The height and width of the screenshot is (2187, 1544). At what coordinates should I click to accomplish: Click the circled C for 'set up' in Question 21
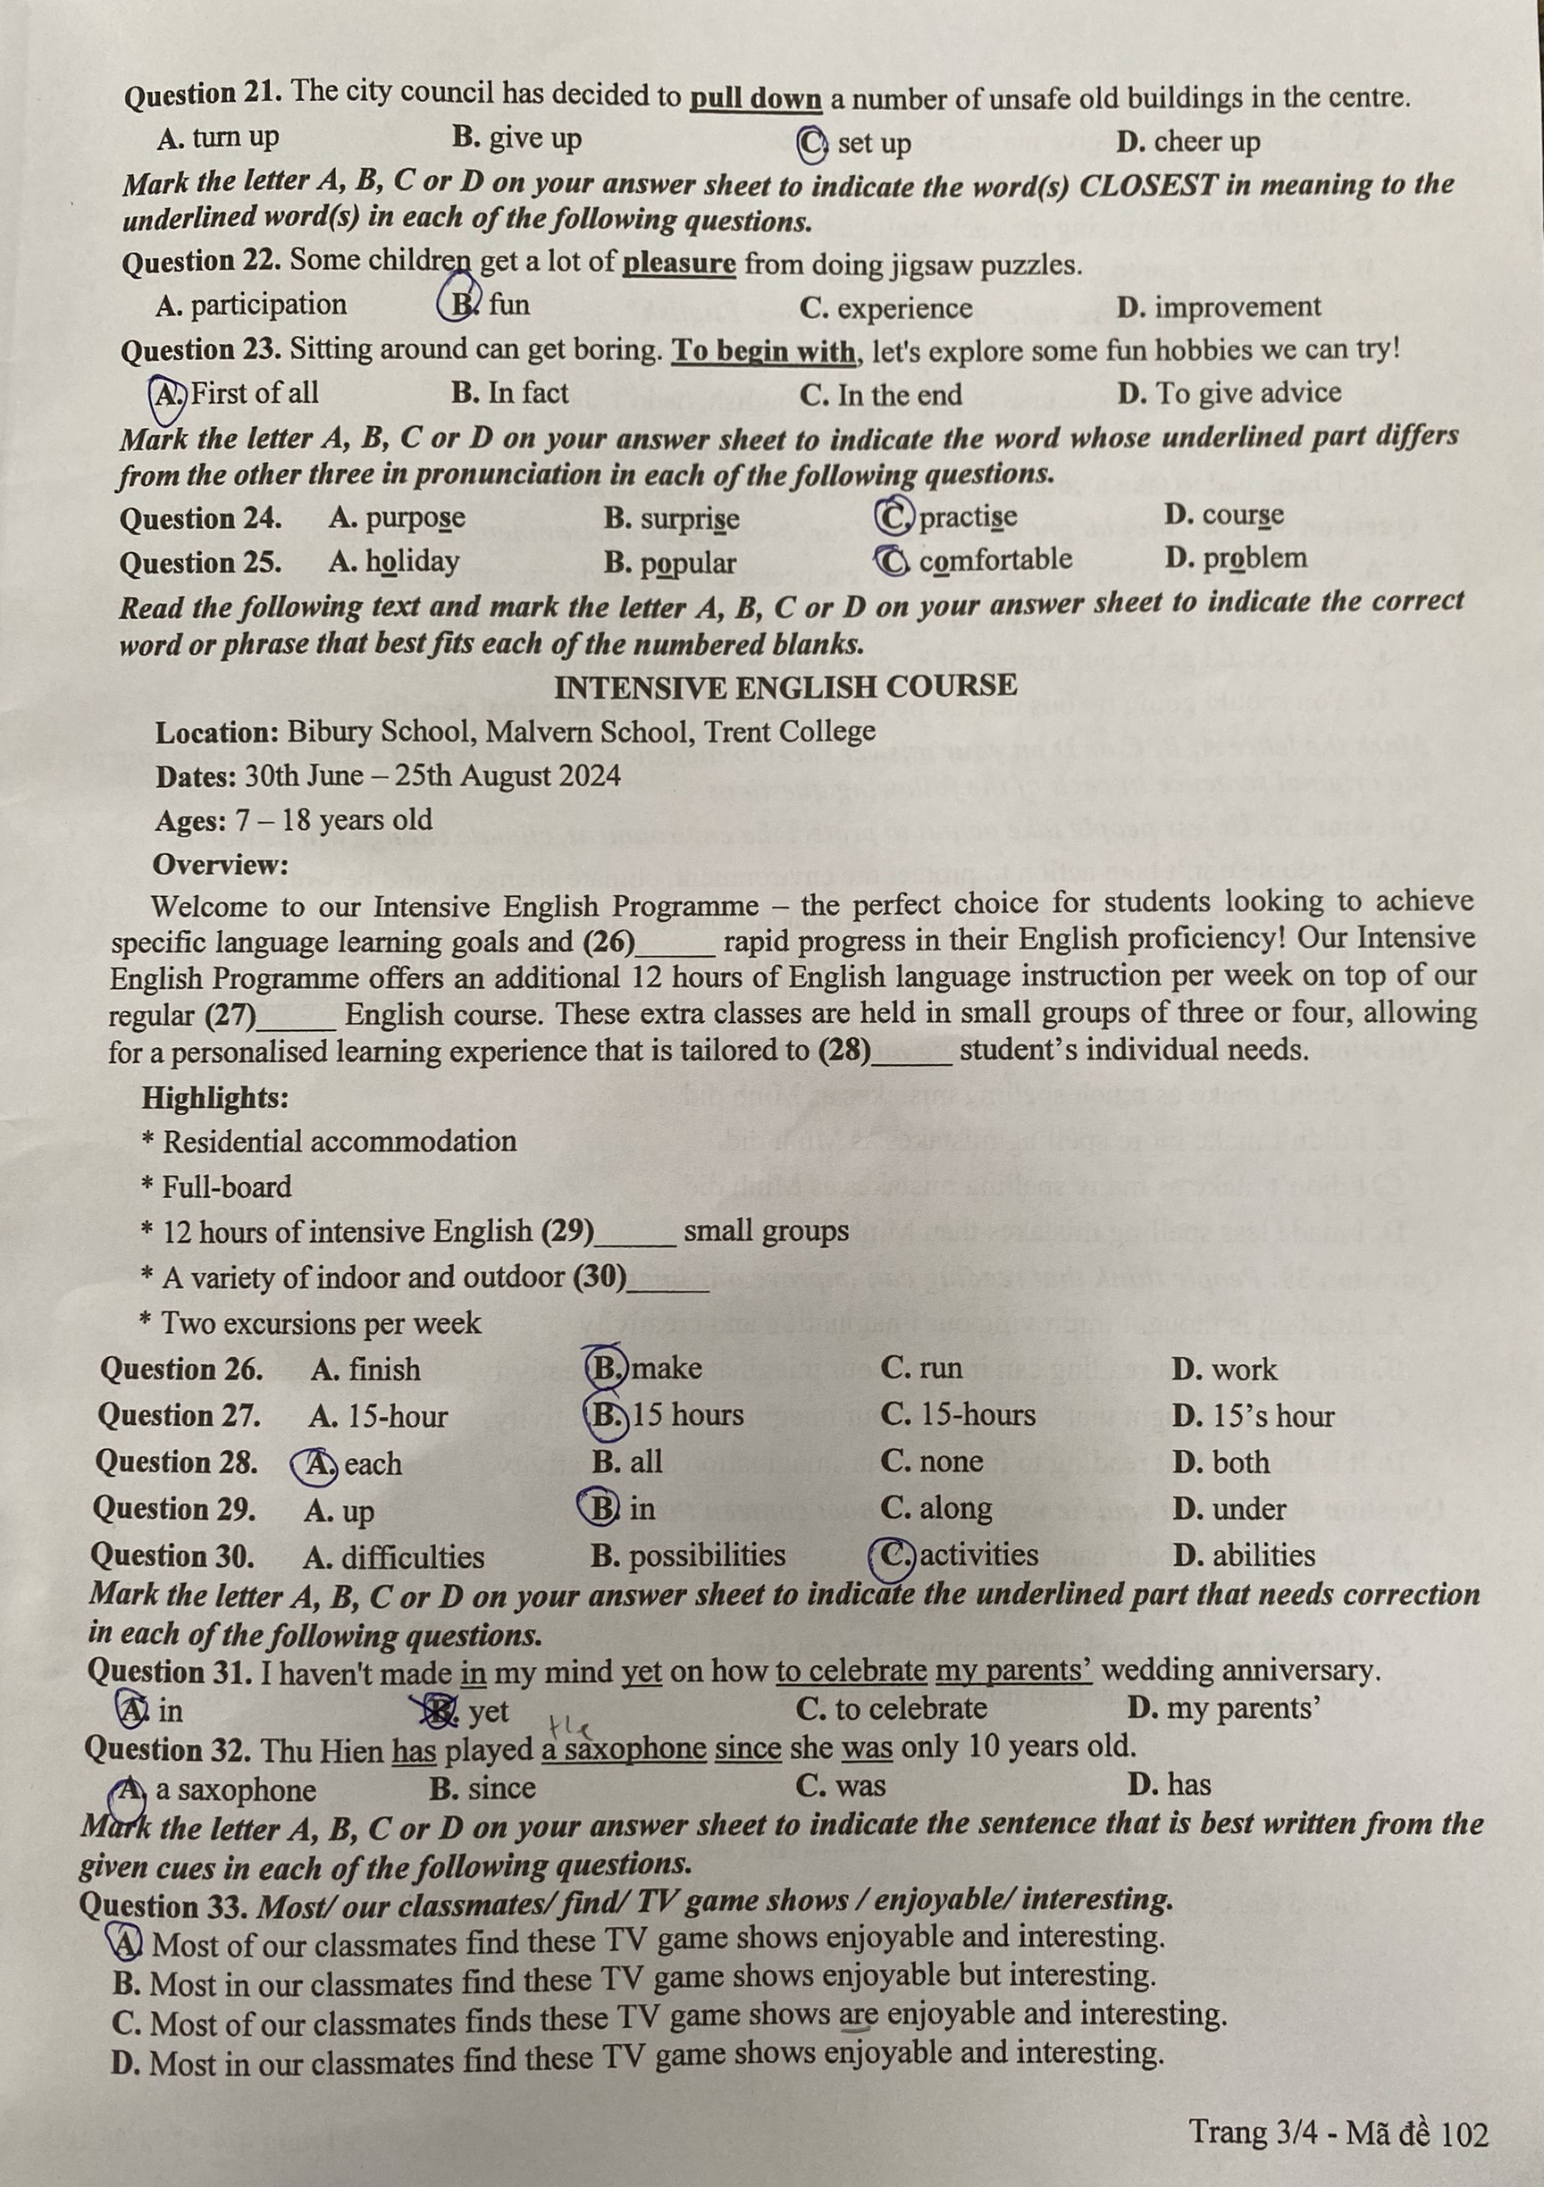(x=812, y=144)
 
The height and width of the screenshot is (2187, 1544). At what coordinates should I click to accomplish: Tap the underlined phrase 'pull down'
(x=754, y=100)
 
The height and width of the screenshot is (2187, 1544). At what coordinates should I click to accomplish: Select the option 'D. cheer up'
(x=1187, y=142)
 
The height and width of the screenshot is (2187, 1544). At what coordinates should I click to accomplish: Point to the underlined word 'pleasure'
(x=678, y=264)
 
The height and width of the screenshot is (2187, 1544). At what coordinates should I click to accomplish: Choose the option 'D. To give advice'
(x=1229, y=392)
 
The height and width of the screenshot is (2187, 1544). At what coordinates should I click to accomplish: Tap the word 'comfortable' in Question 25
(x=994, y=559)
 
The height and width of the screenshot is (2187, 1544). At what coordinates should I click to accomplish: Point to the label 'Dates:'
(x=197, y=776)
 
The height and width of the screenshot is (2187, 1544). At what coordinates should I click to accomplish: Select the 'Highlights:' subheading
(x=215, y=1098)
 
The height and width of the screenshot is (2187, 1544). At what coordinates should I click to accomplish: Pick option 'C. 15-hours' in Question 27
(x=957, y=1415)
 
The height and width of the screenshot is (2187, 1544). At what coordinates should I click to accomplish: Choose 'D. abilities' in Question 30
(x=1243, y=1555)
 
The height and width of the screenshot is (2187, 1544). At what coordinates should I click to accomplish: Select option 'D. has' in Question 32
(x=1168, y=1784)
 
